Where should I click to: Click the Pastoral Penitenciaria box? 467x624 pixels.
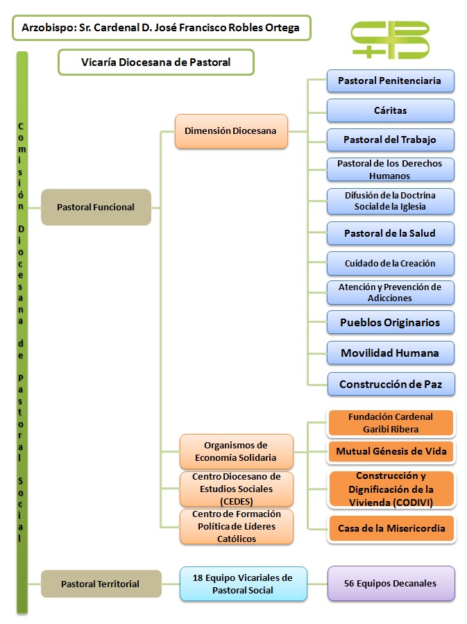tap(390, 81)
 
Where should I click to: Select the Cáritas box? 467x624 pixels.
tap(390, 110)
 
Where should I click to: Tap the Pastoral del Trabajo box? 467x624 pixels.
tap(390, 140)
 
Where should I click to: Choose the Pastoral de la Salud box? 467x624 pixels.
tap(390, 233)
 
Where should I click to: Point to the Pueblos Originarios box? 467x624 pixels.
tap(390, 323)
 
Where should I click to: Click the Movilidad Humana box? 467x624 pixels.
tap(390, 353)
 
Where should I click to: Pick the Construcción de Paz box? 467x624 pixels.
tap(390, 384)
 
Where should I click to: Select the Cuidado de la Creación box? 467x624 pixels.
tap(390, 263)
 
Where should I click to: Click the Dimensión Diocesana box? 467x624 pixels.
tap(231, 131)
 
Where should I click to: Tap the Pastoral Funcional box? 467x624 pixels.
tap(96, 207)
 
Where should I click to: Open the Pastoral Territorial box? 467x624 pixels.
tap(100, 584)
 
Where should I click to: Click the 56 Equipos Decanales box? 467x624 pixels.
tap(391, 583)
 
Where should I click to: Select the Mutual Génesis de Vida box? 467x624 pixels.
tap(390, 452)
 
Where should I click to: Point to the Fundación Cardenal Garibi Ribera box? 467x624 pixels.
tap(390, 423)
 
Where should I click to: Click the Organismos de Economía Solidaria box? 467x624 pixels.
tap(236, 451)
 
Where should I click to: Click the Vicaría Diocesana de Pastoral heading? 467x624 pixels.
tap(155, 62)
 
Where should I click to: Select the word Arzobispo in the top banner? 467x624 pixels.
tap(46, 28)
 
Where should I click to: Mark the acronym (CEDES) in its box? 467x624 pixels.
tap(236, 501)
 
